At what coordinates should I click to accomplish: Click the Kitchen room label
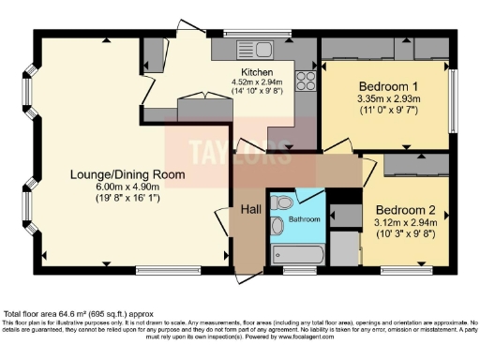pyautogui.click(x=257, y=72)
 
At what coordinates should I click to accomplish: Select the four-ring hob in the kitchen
pyautogui.click(x=305, y=81)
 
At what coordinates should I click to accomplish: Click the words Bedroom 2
pyautogui.click(x=405, y=209)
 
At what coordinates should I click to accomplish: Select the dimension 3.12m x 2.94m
pyautogui.click(x=405, y=225)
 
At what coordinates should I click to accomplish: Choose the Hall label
pyautogui.click(x=248, y=209)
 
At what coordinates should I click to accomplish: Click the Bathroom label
pyautogui.click(x=304, y=219)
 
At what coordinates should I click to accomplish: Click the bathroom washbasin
pyautogui.click(x=277, y=226)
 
